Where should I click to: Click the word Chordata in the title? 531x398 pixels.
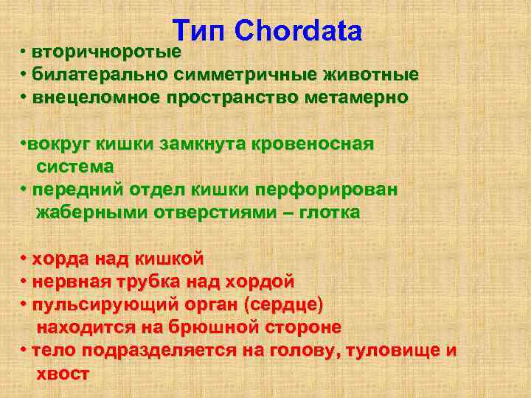299,30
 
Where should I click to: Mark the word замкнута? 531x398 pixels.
211,144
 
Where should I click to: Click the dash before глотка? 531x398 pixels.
284,212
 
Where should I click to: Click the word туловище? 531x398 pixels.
389,349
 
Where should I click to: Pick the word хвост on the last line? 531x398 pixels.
63,373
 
